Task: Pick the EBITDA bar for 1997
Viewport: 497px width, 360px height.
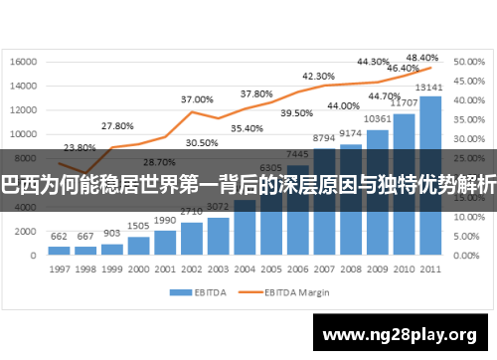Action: pyautogui.click(x=60, y=251)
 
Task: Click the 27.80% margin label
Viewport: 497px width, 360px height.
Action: pyautogui.click(x=117, y=126)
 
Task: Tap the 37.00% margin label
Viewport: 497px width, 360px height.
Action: pyautogui.click(x=197, y=99)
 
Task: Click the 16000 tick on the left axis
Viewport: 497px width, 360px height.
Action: pyautogui.click(x=23, y=61)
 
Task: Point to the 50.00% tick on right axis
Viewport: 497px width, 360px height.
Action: pyautogui.click(x=466, y=61)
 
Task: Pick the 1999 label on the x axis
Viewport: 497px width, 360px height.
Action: pyautogui.click(x=112, y=270)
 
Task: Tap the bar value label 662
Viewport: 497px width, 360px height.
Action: pyautogui.click(x=60, y=236)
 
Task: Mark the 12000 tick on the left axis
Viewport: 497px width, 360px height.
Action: pyautogui.click(x=23, y=109)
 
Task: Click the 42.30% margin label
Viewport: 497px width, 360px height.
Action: pyautogui.click(x=318, y=76)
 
